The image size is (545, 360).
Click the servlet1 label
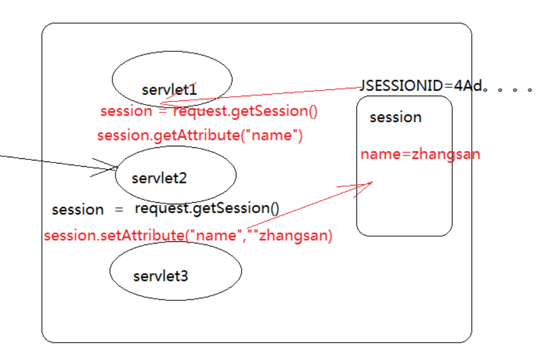[169, 90]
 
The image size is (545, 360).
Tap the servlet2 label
[159, 178]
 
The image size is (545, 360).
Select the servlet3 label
[161, 276]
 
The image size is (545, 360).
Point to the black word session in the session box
[396, 118]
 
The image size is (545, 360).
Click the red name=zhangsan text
[420, 155]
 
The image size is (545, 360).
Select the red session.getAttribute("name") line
[200, 135]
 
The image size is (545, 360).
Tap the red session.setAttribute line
[188, 236]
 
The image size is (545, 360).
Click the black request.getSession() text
[207, 208]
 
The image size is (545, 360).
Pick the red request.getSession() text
[245, 111]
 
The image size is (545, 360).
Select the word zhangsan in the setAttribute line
[295, 236]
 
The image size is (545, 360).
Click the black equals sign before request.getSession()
[119, 210]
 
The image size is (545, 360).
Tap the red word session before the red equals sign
[126, 111]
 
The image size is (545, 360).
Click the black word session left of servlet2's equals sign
[78, 210]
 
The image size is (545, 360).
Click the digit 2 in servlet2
[183, 178]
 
